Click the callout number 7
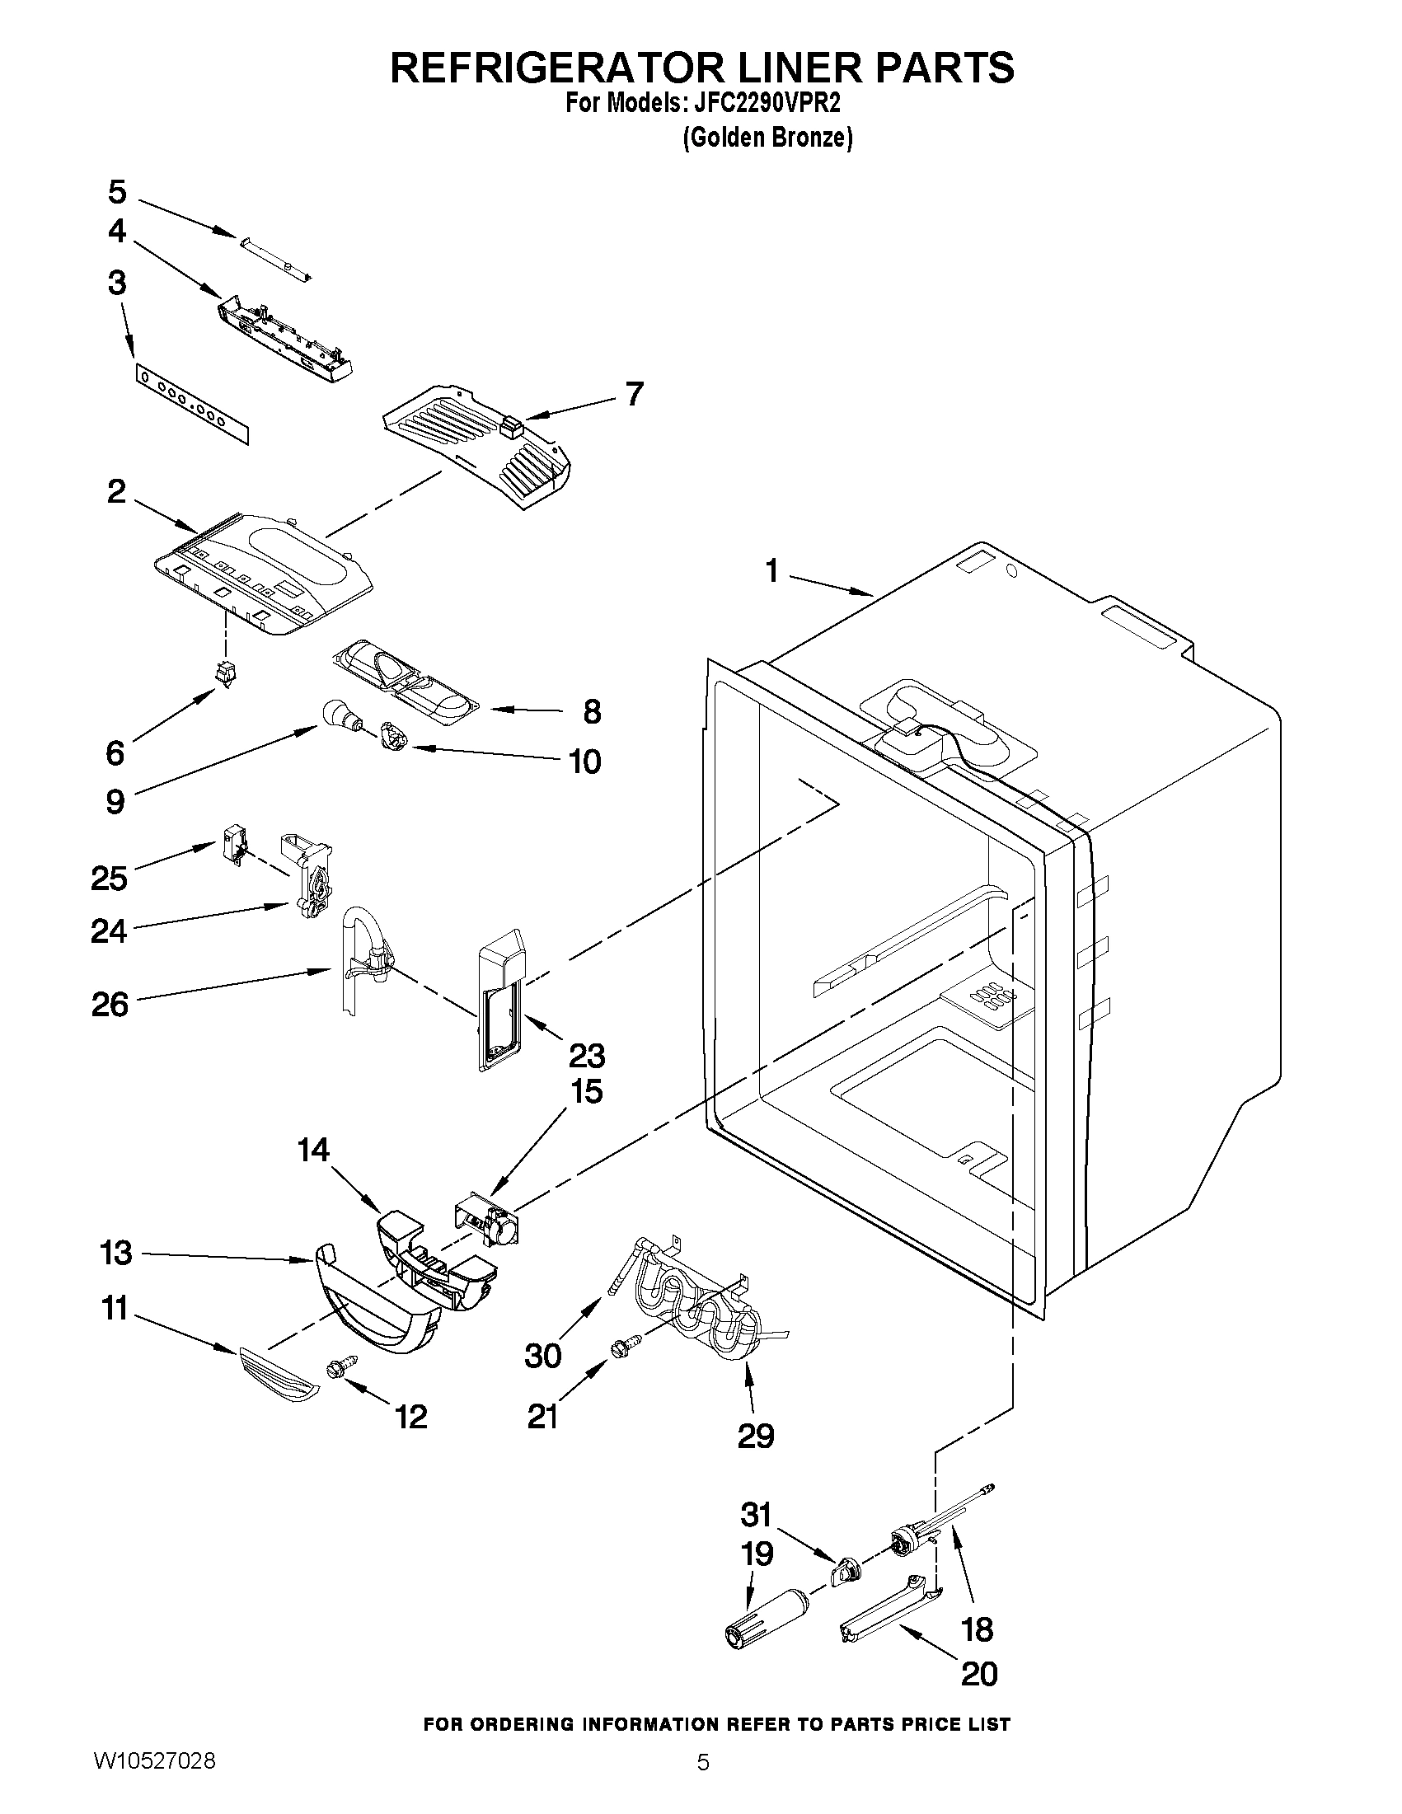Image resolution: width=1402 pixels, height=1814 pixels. coord(635,393)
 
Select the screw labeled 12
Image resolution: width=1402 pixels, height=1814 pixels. coord(342,1366)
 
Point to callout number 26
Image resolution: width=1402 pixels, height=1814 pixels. coord(110,1005)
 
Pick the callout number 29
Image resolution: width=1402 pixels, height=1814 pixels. coord(756,1434)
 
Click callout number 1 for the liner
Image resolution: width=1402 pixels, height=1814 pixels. coord(772,571)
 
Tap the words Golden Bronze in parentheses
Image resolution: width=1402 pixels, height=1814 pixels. coord(767,138)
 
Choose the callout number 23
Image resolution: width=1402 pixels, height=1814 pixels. coord(586,1056)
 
